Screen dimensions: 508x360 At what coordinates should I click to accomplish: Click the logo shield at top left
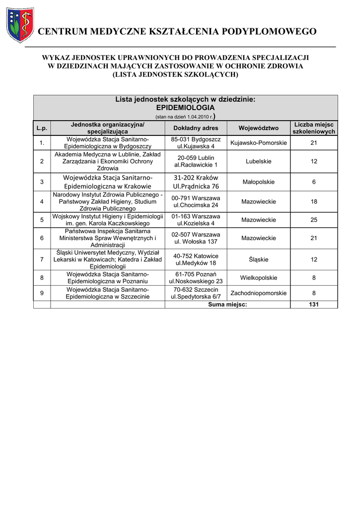pyautogui.click(x=20, y=25)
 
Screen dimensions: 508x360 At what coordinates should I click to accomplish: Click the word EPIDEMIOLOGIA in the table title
pyautogui.click(x=185, y=107)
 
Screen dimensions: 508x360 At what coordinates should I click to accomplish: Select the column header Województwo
pyautogui.click(x=258, y=128)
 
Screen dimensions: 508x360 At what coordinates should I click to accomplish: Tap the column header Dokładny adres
pyautogui.click(x=196, y=128)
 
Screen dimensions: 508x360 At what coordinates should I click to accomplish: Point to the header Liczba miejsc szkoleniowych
pyautogui.click(x=314, y=128)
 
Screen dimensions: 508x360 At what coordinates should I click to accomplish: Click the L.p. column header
pyautogui.click(x=42, y=128)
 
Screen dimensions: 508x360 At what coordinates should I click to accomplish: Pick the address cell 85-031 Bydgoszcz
pyautogui.click(x=196, y=143)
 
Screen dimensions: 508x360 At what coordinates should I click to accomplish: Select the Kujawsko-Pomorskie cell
pyautogui.click(x=258, y=143)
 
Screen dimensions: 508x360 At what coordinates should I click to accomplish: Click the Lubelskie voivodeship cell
pyautogui.click(x=258, y=161)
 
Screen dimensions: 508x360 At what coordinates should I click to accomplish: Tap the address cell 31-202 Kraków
pyautogui.click(x=196, y=182)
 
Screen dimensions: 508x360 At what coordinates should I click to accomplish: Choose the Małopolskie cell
pyautogui.click(x=258, y=182)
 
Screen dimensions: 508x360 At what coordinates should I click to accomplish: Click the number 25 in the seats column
pyautogui.click(x=314, y=220)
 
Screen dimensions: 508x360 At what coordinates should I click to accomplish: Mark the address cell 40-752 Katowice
pyautogui.click(x=196, y=259)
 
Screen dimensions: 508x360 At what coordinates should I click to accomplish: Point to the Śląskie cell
pyautogui.click(x=258, y=259)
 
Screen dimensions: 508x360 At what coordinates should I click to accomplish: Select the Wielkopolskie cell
pyautogui.click(x=258, y=278)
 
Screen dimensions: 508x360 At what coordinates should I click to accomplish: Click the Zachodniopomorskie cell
pyautogui.click(x=258, y=293)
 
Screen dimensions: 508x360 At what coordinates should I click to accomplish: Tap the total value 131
pyautogui.click(x=314, y=305)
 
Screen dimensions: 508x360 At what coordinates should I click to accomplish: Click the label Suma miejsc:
pyautogui.click(x=227, y=305)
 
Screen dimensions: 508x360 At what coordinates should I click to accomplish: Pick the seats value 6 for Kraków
pyautogui.click(x=314, y=182)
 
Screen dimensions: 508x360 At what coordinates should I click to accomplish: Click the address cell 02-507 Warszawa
pyautogui.click(x=196, y=238)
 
